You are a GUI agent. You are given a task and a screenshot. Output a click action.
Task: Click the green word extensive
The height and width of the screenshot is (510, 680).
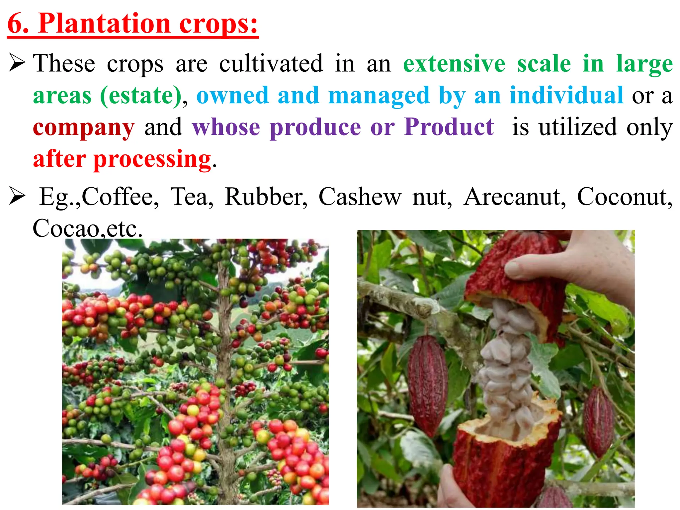tap(454, 64)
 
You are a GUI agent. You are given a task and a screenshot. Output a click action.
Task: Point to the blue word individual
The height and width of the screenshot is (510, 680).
tap(566, 96)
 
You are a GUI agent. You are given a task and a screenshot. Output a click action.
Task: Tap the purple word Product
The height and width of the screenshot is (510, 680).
tap(449, 127)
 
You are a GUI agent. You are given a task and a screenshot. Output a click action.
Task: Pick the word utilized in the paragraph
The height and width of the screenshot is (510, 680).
tap(578, 128)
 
